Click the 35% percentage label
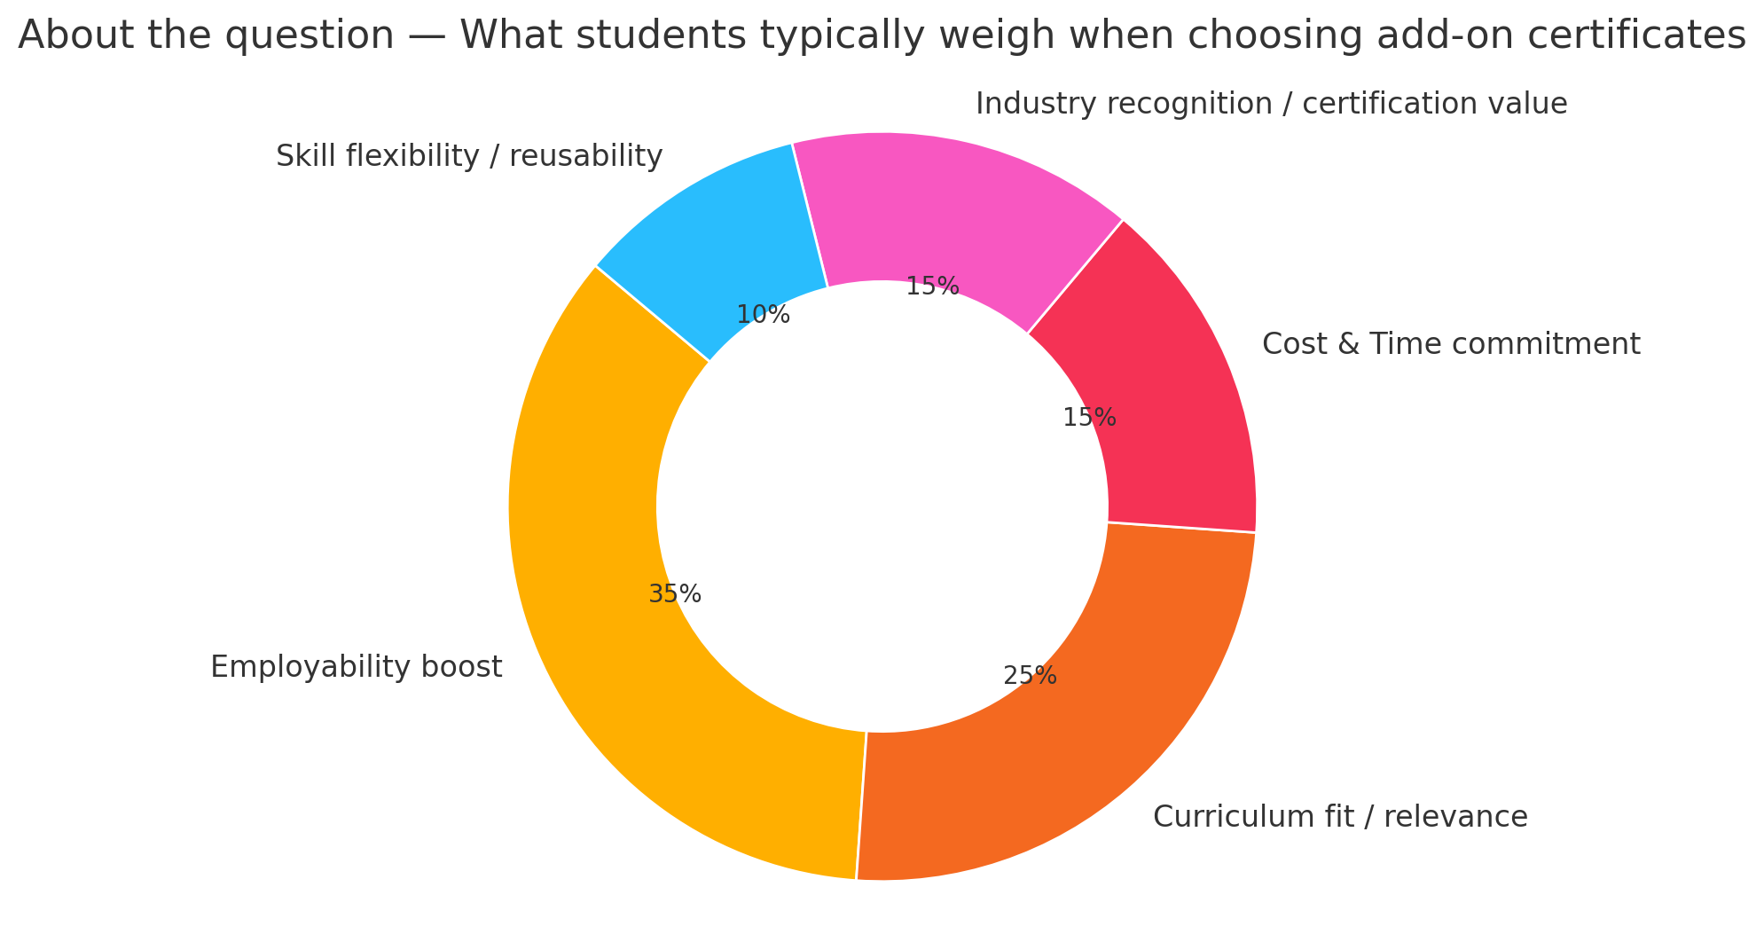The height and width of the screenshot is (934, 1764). click(675, 594)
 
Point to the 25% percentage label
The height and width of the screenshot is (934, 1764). click(1030, 677)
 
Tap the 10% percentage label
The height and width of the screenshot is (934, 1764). click(763, 315)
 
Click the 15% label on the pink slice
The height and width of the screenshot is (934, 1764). click(932, 286)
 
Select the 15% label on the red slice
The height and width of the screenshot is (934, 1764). click(1089, 418)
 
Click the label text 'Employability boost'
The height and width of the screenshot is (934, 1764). click(357, 667)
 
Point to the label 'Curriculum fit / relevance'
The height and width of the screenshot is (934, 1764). click(1340, 817)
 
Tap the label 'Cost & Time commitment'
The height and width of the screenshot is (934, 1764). click(1451, 344)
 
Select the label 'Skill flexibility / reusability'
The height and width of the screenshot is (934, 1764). click(469, 157)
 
